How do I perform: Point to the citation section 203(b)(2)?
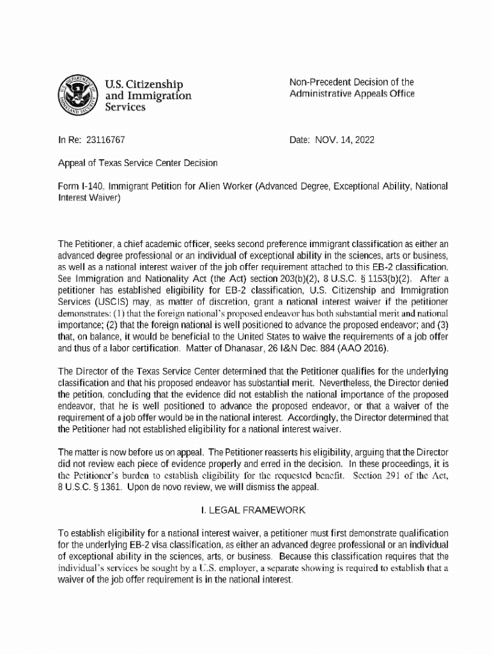coord(277,278)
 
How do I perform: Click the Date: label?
coord(299,138)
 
